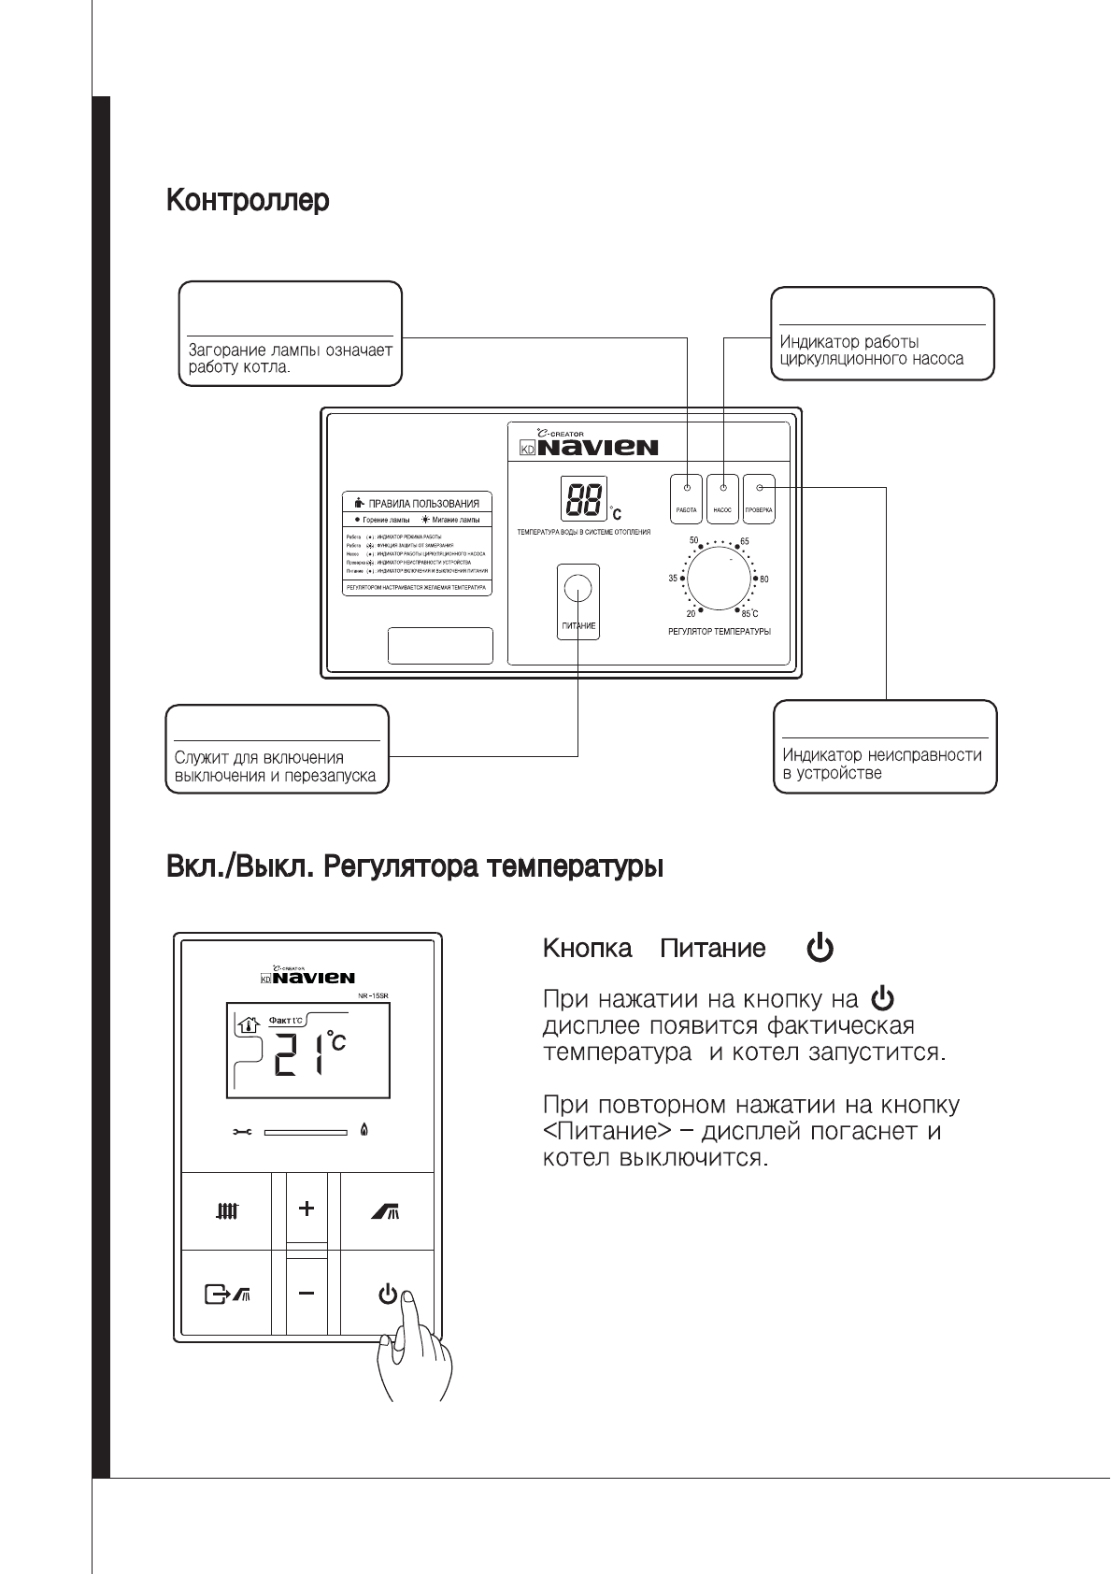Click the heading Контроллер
[248, 201]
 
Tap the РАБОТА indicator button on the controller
[687, 498]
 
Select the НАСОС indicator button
[722, 498]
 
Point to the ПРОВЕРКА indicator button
[759, 498]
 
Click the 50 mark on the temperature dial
[693, 541]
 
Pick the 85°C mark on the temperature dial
[749, 614]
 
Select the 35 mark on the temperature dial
[673, 579]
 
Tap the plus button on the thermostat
[307, 1209]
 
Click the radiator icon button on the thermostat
[226, 1212]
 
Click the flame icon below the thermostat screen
[363, 1132]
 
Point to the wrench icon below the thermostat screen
[242, 1133]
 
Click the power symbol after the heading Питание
[820, 949]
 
